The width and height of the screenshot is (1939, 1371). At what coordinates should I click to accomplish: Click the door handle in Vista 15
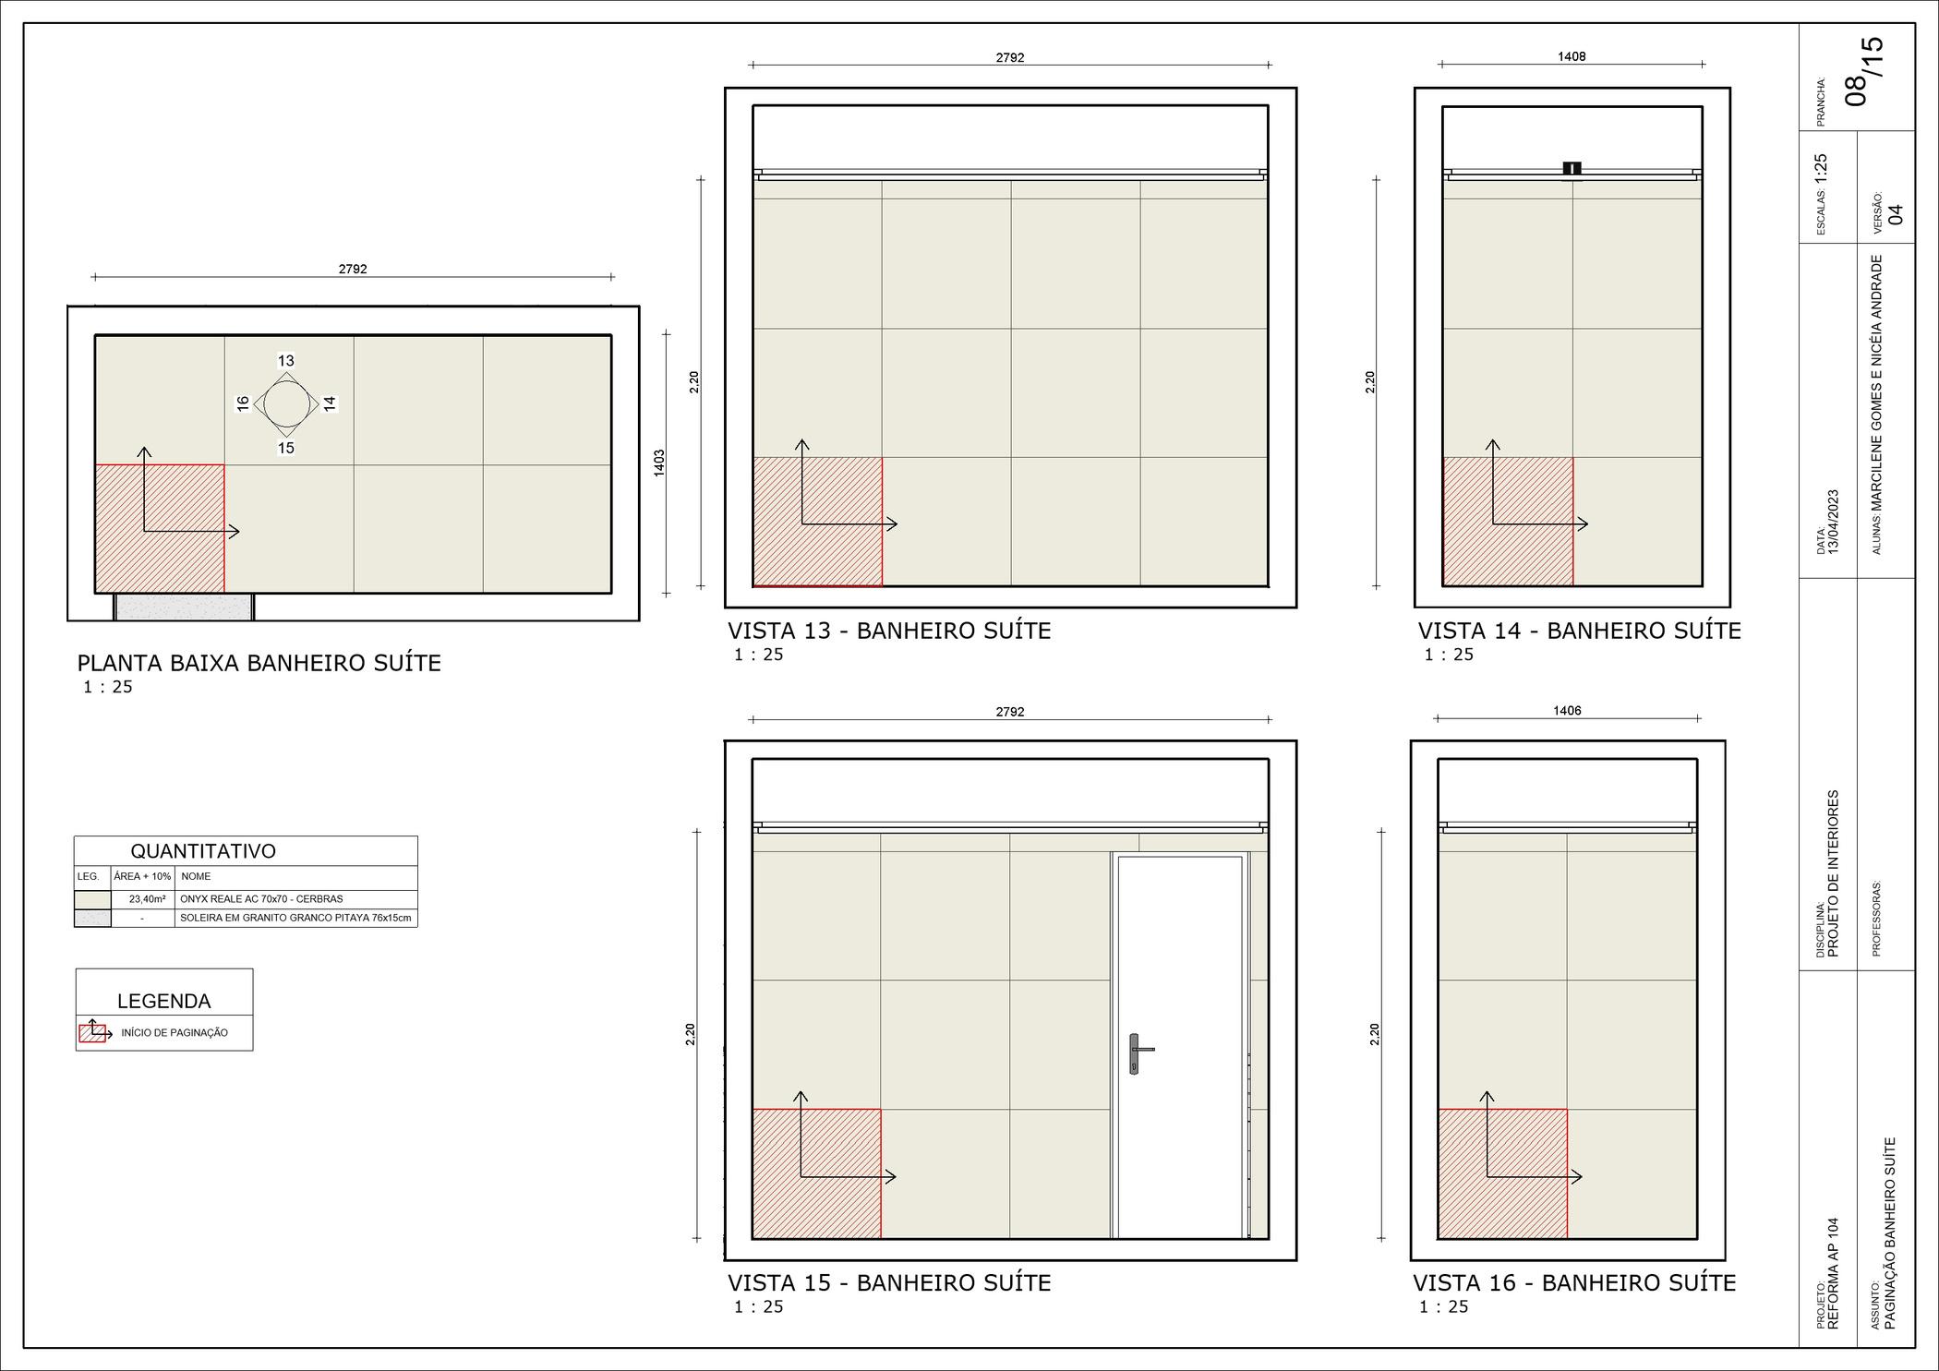click(x=1136, y=1053)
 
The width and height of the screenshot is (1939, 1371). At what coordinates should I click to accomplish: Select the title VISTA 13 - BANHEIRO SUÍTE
click(x=889, y=631)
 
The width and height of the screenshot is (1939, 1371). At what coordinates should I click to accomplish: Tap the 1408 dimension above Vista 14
click(x=1572, y=56)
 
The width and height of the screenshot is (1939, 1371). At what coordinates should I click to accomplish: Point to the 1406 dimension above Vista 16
click(x=1567, y=711)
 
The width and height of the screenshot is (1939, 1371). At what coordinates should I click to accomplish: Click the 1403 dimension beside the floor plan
click(x=659, y=463)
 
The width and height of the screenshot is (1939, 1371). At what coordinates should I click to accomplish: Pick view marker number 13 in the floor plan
click(x=286, y=361)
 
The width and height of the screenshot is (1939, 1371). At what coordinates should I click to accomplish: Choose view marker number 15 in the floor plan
click(x=286, y=448)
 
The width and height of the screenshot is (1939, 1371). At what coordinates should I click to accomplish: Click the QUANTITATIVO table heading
click(x=203, y=851)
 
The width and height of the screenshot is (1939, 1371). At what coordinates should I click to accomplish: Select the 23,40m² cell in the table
click(x=148, y=899)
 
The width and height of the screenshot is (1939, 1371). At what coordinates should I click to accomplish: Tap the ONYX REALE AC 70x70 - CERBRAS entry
click(x=261, y=899)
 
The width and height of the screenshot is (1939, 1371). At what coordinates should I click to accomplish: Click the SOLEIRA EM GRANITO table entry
click(x=295, y=918)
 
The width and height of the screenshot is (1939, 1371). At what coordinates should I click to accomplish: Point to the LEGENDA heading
click(x=164, y=1001)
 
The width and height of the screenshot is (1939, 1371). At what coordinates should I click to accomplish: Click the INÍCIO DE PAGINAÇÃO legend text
click(x=175, y=1033)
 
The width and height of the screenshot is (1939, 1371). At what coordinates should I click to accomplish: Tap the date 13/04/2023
click(x=1834, y=522)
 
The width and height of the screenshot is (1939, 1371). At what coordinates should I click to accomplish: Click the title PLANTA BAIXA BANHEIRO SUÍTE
click(x=259, y=663)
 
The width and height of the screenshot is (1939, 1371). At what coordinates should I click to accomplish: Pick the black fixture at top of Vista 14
click(x=1572, y=168)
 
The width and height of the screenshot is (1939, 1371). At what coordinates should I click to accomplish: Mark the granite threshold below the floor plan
click(x=184, y=607)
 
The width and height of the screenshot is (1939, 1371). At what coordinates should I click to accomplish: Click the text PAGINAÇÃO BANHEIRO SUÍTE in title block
click(x=1890, y=1233)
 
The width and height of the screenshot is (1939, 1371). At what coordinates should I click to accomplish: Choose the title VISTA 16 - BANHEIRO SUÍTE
click(x=1574, y=1283)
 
